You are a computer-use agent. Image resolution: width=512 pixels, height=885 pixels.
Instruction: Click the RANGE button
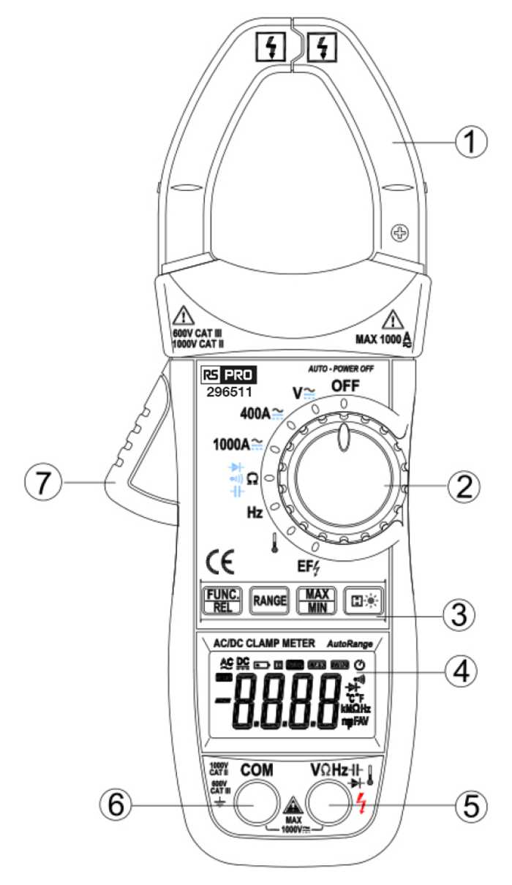[x=268, y=601]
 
